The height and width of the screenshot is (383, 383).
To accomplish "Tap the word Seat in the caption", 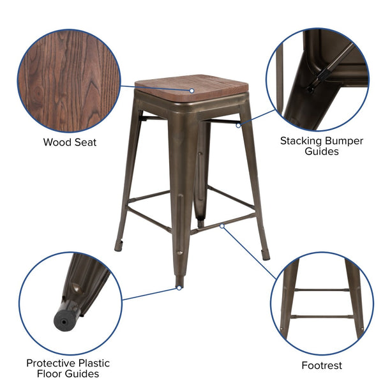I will pos(84,142).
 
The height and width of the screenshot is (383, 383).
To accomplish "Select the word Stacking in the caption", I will pos(303,140).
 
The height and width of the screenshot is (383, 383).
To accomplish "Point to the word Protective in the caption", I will pos(52,363).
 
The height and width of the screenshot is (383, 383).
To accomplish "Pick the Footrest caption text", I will pos(322,366).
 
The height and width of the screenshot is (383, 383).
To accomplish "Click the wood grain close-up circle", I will pos(70,80).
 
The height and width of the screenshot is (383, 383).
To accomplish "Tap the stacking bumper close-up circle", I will pos(317,79).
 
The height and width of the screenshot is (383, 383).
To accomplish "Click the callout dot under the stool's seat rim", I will pos(238,126).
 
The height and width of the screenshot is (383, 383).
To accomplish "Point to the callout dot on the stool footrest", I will pos(222,225).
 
